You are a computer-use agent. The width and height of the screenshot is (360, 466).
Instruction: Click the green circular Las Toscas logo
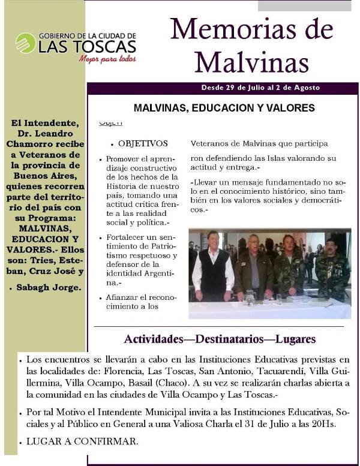click(25, 43)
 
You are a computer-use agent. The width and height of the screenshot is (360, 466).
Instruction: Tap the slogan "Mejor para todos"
click(107, 59)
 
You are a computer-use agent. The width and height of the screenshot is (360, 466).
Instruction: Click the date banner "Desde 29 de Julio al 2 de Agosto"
click(260, 88)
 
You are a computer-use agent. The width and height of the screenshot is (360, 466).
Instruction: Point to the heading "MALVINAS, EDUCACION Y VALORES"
click(224, 109)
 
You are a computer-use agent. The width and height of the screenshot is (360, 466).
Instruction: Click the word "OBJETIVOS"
click(143, 144)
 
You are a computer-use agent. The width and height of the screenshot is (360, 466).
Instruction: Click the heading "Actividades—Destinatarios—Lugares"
click(220, 339)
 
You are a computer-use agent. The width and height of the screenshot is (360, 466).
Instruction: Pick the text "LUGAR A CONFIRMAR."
click(82, 442)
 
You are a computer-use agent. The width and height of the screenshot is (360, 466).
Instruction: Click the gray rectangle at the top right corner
click(304, 5)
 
